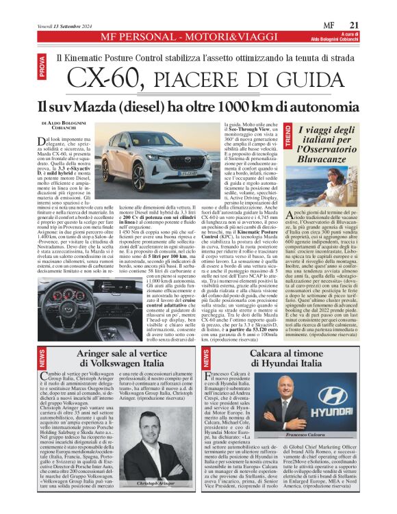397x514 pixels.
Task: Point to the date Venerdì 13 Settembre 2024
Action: tap(52, 26)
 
